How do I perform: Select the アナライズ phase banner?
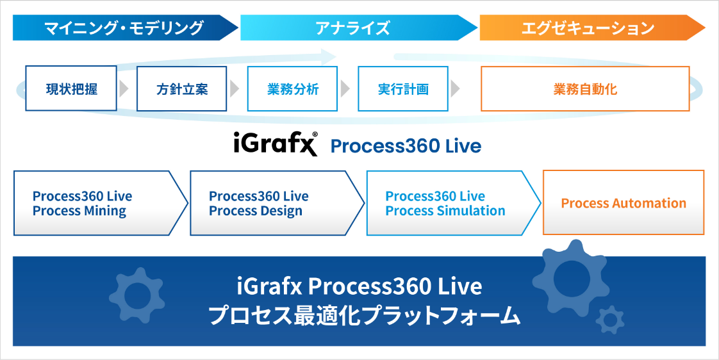352,28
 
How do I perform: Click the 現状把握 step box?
71,88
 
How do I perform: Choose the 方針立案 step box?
182,88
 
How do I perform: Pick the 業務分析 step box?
292,88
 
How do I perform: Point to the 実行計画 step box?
403,88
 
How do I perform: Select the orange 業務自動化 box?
584,88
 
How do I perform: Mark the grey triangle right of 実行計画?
455,88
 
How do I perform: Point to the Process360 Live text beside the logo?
405,146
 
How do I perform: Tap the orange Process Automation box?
623,203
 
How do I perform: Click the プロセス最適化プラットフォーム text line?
365,316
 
